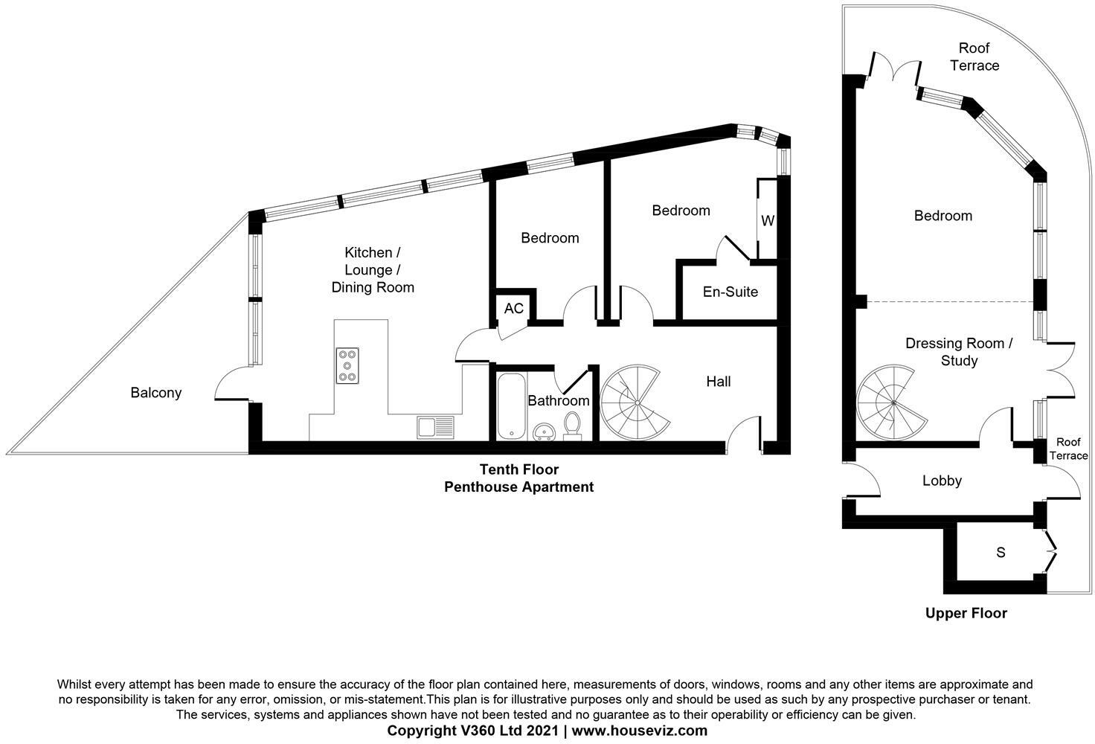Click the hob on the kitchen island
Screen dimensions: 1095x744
[x=347, y=365]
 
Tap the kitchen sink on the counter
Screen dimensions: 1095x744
[x=435, y=427]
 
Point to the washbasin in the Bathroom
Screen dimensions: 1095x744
[x=543, y=432]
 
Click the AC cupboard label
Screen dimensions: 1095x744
[x=514, y=309]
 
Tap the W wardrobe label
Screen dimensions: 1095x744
[x=768, y=221]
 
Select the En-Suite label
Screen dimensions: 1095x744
[x=730, y=292]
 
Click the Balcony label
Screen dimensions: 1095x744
[x=156, y=393]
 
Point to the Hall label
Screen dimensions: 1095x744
[x=718, y=381]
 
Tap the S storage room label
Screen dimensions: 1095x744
[x=1001, y=552]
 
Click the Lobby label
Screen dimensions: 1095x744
[x=942, y=481]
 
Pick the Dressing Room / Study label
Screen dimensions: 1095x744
[x=959, y=352]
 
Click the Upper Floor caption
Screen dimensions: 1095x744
[x=966, y=614]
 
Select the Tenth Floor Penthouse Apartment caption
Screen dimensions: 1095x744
[x=518, y=478]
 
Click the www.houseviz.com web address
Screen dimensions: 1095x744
[x=640, y=731]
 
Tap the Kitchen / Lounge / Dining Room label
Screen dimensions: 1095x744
[x=373, y=270]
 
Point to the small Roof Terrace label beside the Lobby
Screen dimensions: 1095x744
[x=1068, y=449]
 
